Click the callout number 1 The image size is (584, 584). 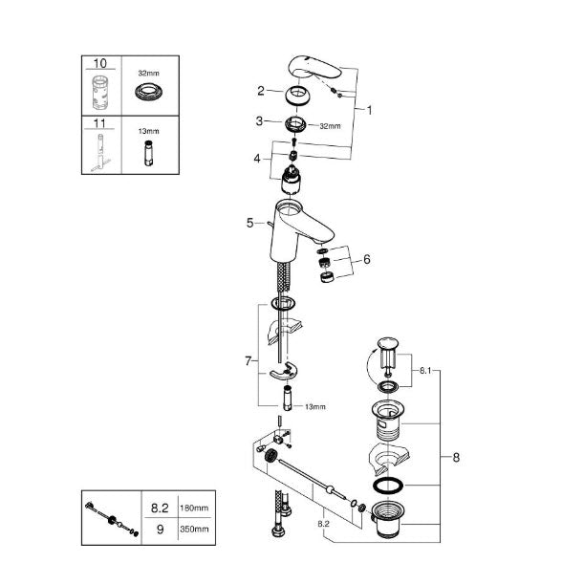369,110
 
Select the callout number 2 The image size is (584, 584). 260,91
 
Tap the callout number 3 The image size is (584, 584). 260,121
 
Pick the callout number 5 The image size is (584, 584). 250,223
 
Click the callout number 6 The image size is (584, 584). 367,259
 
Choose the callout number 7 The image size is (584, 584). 249,361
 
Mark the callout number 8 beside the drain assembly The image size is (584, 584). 456,458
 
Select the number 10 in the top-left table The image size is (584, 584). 99,62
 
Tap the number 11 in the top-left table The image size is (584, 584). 99,122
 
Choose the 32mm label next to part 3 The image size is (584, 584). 329,125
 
